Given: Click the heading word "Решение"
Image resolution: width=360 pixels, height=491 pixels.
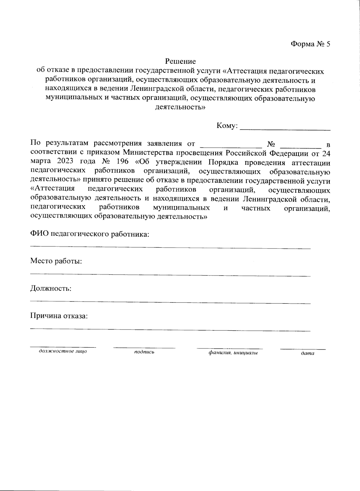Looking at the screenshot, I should (x=181, y=62).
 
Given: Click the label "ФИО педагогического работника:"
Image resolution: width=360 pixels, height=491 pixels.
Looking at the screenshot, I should (x=90, y=234).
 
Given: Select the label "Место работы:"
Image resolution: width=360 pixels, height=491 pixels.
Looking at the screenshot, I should (x=56, y=261).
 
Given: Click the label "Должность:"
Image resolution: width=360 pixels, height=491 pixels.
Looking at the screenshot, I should (x=51, y=289).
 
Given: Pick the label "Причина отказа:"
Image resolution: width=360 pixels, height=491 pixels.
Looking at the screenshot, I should (x=59, y=316).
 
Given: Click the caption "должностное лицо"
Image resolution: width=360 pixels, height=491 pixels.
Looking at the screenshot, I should (x=63, y=351).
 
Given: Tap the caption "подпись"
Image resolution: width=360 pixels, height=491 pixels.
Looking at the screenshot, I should (x=144, y=352).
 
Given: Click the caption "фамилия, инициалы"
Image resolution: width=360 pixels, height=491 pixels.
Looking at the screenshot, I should (x=233, y=353).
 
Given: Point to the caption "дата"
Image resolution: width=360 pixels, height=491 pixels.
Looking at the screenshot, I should (x=307, y=354).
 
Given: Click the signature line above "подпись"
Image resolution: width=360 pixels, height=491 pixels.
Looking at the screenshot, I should (x=144, y=348).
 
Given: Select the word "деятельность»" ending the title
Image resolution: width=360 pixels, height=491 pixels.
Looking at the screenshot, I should (x=180, y=107).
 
